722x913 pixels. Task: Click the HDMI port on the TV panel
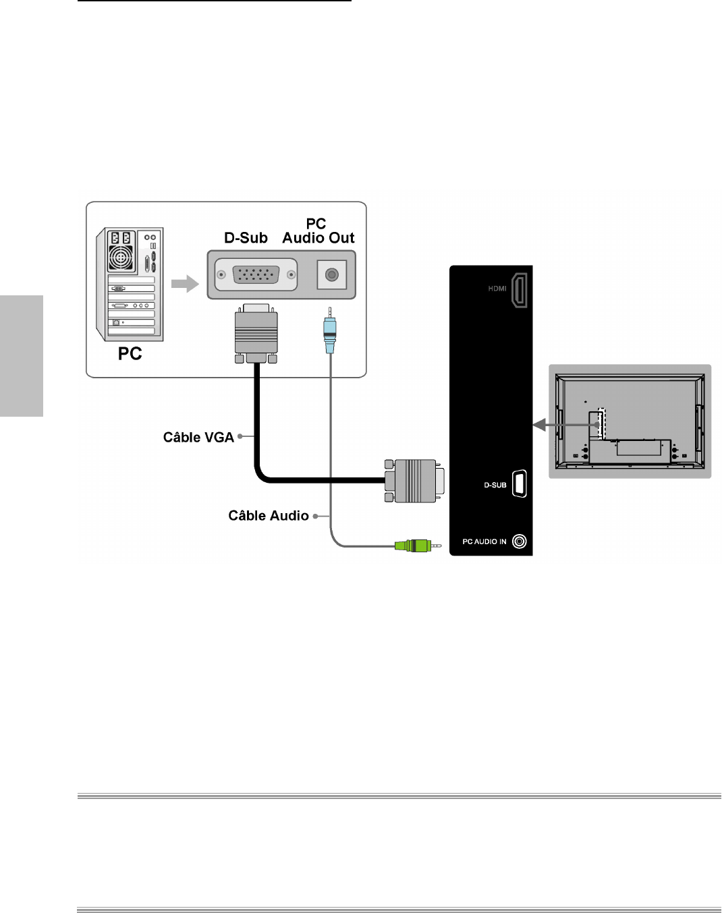coord(519,290)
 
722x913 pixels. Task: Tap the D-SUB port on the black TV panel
coord(519,483)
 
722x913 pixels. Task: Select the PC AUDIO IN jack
coord(519,541)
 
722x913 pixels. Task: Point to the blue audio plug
coord(329,333)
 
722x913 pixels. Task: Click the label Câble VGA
coord(198,438)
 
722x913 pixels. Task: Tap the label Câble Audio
coord(268,516)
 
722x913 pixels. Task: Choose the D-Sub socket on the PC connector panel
coord(256,274)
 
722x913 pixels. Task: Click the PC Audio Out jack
coord(331,275)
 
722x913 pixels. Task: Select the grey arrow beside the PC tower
coord(184,284)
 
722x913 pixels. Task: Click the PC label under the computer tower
coord(130,354)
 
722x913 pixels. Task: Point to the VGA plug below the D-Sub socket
coord(256,334)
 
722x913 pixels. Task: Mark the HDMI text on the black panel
coord(497,289)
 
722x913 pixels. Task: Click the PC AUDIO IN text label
coord(484,541)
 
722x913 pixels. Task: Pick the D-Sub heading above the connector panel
coord(246,238)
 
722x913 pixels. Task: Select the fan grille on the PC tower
coord(121,258)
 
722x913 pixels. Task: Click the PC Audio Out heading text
coord(318,231)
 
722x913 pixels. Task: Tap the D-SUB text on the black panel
coord(495,485)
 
